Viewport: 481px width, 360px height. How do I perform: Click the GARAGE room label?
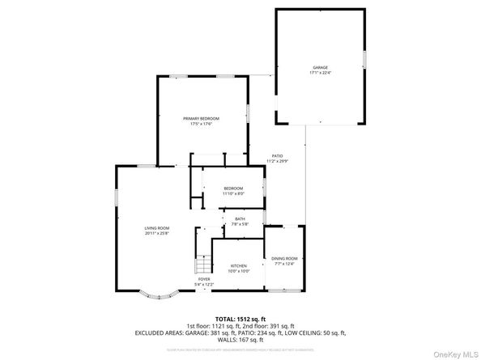(x=321, y=67)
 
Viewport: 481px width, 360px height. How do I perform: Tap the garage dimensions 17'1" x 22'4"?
(x=321, y=73)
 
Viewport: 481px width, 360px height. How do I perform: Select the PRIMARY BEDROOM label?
(x=201, y=119)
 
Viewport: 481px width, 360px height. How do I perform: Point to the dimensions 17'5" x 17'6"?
(x=201, y=125)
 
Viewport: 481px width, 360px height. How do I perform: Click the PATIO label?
(x=277, y=156)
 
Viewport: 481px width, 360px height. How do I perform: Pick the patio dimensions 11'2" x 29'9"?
(x=277, y=162)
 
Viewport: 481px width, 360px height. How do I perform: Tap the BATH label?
(x=240, y=219)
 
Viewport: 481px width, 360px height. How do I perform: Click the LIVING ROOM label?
(x=156, y=228)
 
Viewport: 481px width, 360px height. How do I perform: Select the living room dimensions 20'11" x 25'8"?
(x=156, y=234)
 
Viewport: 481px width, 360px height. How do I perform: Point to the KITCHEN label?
(x=238, y=265)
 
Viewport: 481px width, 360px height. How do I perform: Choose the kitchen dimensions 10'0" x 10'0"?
(x=238, y=271)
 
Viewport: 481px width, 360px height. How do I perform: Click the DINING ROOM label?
(x=285, y=257)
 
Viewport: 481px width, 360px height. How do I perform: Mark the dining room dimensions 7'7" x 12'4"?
(x=285, y=263)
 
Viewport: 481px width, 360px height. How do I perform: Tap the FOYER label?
(x=204, y=278)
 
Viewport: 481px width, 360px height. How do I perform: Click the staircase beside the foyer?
(x=200, y=265)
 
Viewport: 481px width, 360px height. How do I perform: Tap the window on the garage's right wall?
(x=364, y=59)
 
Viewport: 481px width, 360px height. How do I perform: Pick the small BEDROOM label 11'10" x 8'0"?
(x=233, y=188)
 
